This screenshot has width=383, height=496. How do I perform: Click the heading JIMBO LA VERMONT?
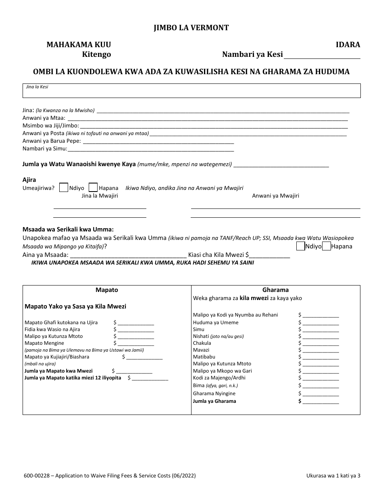(191, 28)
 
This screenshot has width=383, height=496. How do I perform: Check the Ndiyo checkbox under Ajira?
(64, 188)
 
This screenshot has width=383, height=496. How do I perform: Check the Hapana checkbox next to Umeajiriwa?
(93, 188)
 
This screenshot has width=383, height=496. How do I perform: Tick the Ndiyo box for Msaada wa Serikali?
(300, 246)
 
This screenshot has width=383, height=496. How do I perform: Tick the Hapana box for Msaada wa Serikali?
(326, 246)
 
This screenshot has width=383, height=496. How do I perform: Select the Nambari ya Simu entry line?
(151, 149)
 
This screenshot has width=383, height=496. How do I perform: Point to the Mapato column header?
(107, 290)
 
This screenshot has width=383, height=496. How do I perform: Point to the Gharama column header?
(275, 290)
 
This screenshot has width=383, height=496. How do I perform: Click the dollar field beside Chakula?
(321, 344)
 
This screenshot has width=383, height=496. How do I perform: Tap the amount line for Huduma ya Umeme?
(321, 323)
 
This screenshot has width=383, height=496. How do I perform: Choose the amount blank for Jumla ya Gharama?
(321, 402)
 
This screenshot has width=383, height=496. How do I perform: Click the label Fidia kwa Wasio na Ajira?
(52, 329)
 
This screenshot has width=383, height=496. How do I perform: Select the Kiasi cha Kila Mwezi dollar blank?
(270, 255)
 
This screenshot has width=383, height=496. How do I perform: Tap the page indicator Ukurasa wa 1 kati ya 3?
(333, 476)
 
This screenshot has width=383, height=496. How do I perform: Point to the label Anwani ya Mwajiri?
(275, 196)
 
